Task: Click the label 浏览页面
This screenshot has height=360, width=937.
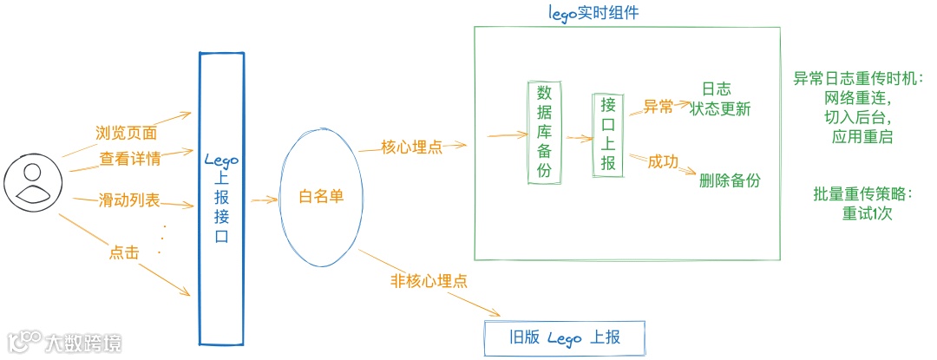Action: (x=126, y=134)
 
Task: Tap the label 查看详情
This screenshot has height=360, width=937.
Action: (x=129, y=159)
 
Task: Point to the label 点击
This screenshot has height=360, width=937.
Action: (x=124, y=252)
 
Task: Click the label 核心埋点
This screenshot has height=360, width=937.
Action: (x=412, y=147)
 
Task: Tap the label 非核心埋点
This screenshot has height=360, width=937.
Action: (x=429, y=281)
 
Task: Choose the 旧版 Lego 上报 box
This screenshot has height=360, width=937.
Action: (x=565, y=337)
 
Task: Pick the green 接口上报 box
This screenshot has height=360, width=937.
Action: (x=608, y=134)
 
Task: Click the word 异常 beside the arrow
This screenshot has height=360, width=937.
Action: (x=658, y=107)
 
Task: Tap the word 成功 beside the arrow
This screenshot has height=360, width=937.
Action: (x=663, y=161)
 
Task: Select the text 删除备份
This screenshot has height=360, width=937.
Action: (x=730, y=180)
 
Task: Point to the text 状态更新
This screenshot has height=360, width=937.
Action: (x=720, y=109)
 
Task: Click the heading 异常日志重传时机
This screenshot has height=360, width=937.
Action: (x=859, y=79)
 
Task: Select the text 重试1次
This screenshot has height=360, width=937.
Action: (x=867, y=213)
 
